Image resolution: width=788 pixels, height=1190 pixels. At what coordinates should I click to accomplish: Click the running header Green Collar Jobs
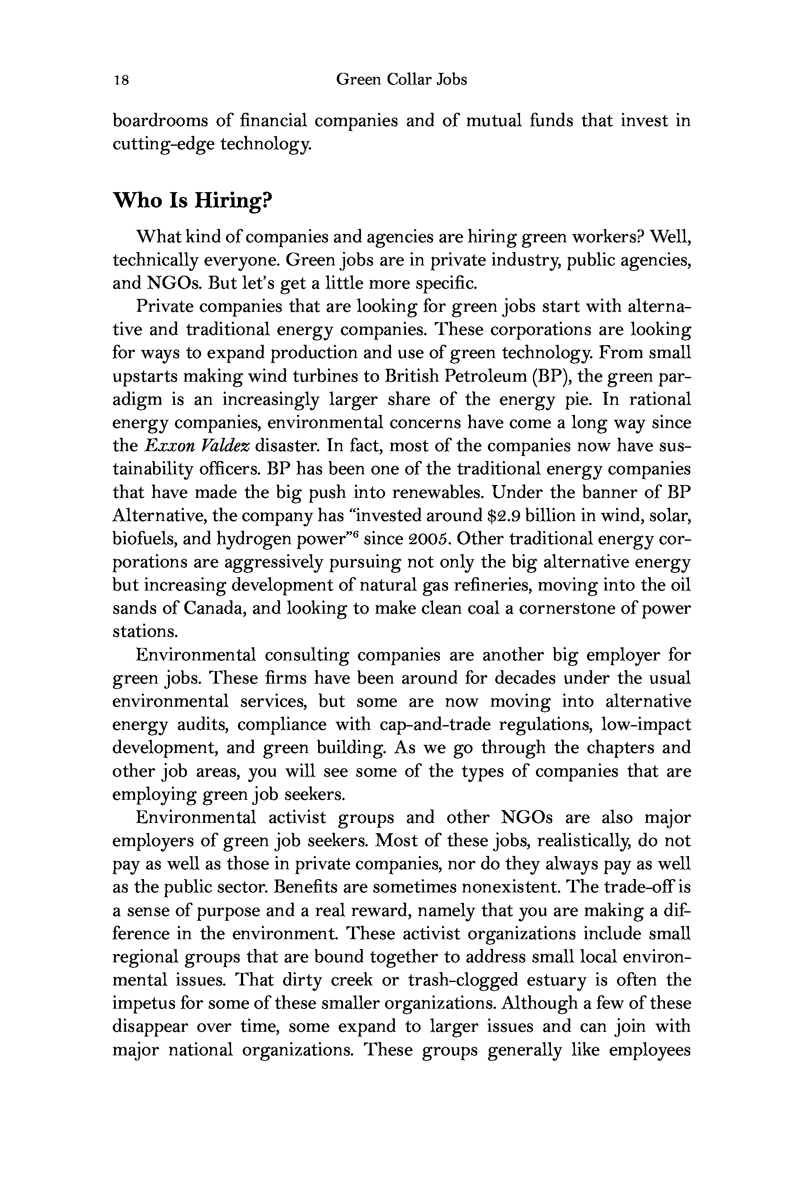[401, 79]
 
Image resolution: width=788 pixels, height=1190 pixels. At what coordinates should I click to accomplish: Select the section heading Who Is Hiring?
[192, 201]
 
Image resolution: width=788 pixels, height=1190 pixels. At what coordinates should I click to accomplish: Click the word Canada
[214, 609]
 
